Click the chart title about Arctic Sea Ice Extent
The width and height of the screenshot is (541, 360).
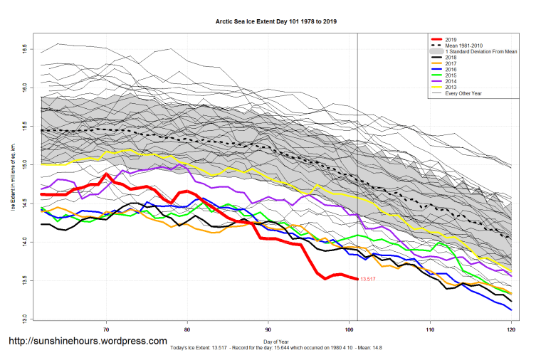276,22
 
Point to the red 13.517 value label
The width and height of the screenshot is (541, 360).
368,280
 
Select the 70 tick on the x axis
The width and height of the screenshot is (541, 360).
106,330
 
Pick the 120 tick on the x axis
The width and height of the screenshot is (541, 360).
511,330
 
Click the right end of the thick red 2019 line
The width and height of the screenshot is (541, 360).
357,279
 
